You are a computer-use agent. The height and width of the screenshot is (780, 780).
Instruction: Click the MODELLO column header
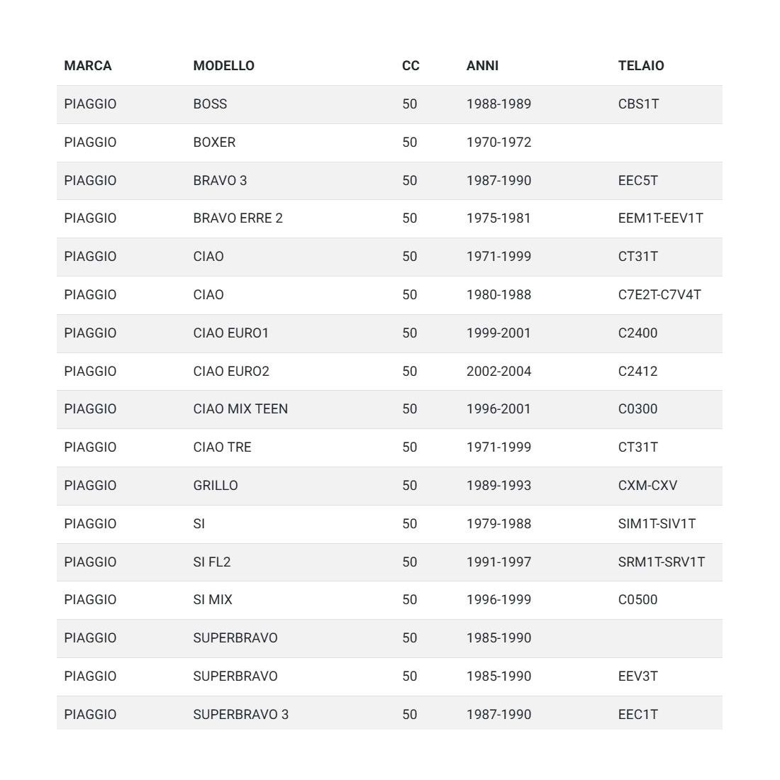pos(223,66)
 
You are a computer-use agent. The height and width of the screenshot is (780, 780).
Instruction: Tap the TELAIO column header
pos(641,66)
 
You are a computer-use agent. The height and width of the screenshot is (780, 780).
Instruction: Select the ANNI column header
pos(482,66)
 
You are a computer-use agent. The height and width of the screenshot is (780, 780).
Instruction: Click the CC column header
pos(411,66)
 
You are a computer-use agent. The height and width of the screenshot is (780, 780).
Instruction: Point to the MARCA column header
pos(88,66)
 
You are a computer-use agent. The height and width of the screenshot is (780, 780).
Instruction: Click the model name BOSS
pos(210,104)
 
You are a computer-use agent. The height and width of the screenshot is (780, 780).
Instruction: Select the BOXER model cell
pos(214,143)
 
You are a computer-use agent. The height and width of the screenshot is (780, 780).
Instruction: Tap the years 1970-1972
pos(498,143)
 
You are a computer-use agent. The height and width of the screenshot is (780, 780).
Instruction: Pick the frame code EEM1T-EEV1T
pos(660,218)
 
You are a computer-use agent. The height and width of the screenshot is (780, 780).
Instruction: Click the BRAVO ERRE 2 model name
pos(238,218)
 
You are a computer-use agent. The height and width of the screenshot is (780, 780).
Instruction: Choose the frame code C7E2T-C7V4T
pos(659,295)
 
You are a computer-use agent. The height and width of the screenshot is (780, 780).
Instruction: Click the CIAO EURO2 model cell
pos(231,372)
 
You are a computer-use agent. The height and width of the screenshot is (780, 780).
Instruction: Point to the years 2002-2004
pos(498,372)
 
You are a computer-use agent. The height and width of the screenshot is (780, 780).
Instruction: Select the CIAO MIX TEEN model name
pos(240,409)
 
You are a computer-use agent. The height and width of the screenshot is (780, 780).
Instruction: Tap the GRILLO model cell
pos(216,486)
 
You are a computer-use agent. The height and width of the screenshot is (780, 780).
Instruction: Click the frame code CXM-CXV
pos(647,486)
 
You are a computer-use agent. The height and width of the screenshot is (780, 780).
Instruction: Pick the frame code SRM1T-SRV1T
pos(662,562)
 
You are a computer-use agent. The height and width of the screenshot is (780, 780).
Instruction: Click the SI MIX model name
pos(213,600)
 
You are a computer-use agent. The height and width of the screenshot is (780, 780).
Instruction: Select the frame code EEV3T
pos(637,676)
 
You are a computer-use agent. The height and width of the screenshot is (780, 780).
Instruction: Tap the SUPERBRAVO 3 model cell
pos(240,715)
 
